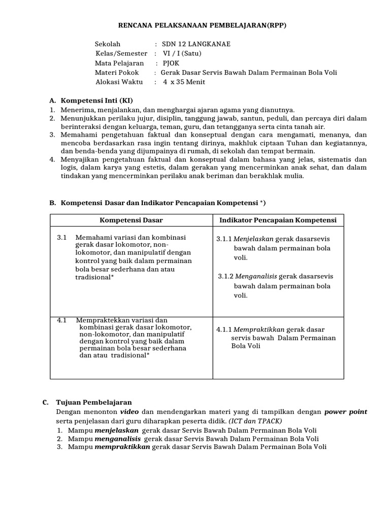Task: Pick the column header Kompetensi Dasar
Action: tap(131, 220)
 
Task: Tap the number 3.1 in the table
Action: tap(62, 238)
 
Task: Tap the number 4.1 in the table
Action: tap(62, 320)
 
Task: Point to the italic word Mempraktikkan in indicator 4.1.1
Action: tap(259, 330)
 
